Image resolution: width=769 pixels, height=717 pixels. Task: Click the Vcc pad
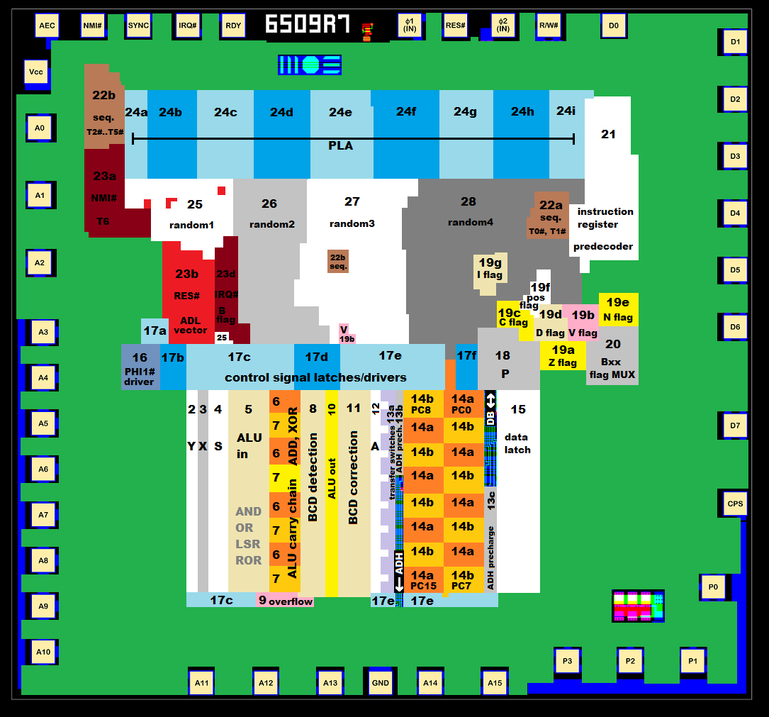pos(36,72)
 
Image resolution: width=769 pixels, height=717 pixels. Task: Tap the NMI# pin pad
pos(93,26)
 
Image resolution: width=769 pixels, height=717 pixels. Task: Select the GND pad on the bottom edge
pos(381,683)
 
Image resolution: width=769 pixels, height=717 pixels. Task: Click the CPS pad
pos(735,504)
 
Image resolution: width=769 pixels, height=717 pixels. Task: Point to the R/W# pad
pos(549,26)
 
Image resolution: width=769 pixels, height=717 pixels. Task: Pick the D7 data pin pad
pos(735,426)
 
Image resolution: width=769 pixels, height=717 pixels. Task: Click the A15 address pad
pos(495,683)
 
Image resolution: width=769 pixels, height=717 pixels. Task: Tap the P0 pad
pos(713,587)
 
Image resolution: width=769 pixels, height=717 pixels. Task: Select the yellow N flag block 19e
pos(618,309)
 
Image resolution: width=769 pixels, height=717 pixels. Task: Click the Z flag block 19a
pos(563,355)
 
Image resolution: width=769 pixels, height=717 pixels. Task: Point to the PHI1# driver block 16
pos(140,367)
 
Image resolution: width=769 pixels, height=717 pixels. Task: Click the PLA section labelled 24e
pos(340,112)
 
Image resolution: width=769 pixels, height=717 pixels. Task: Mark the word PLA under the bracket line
pos(340,145)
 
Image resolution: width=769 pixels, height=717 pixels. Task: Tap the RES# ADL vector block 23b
pos(188,298)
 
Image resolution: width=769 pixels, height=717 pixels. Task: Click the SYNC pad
pos(138,26)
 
